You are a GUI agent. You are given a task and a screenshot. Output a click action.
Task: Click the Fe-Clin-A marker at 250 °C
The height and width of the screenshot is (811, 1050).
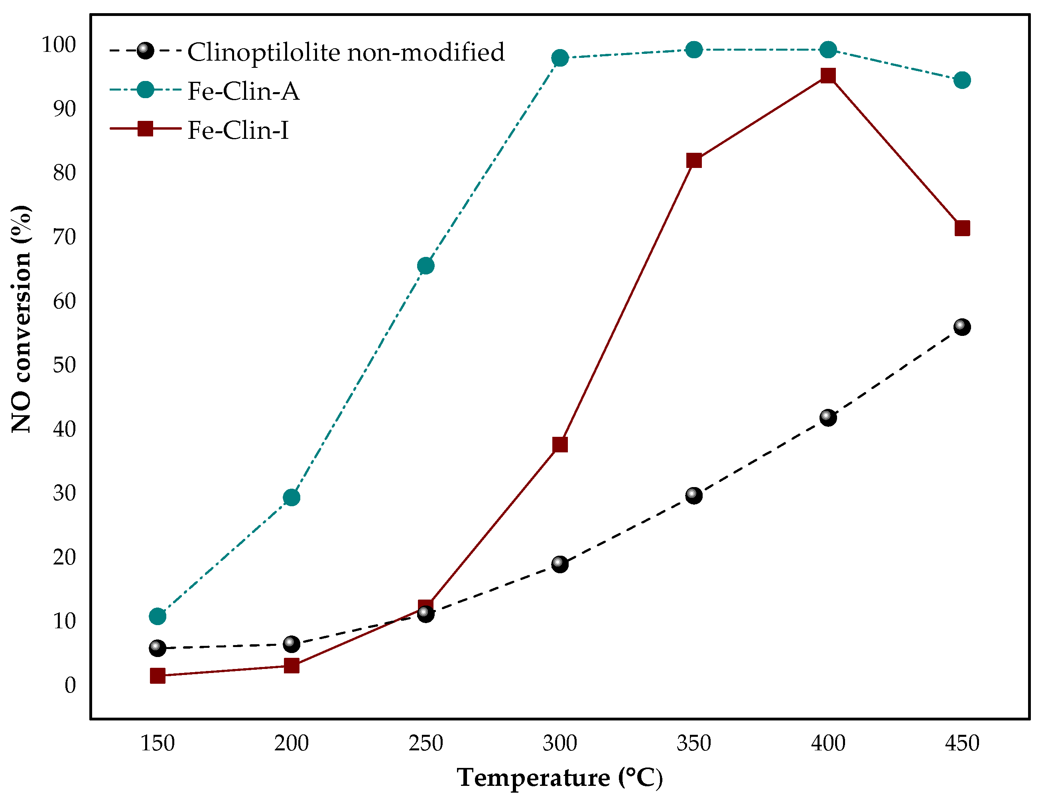click(426, 266)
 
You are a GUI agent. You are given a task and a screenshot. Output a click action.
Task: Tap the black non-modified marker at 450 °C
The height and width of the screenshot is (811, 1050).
click(962, 327)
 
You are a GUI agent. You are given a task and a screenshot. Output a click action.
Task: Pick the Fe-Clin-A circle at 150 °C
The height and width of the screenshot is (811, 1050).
click(158, 616)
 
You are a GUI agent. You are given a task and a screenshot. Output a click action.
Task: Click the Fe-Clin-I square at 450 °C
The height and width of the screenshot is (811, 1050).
click(962, 228)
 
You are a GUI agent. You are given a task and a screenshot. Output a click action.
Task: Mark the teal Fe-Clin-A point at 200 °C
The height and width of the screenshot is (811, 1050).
click(292, 497)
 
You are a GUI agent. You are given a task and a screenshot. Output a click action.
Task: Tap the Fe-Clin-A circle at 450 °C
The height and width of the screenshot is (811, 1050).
click(962, 80)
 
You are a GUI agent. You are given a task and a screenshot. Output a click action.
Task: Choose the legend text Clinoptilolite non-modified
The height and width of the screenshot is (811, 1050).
click(346, 52)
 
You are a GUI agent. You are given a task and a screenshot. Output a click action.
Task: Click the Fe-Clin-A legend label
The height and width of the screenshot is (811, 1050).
click(243, 91)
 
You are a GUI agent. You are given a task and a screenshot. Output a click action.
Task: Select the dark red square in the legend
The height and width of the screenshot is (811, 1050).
click(145, 128)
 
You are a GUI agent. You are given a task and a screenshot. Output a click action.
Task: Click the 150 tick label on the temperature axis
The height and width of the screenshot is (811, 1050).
click(158, 744)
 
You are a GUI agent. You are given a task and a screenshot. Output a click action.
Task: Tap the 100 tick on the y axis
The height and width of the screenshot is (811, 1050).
click(59, 45)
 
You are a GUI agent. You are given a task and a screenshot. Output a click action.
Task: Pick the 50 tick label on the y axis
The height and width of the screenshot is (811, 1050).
click(65, 365)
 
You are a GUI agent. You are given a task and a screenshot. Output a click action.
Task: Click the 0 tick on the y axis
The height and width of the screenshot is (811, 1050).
click(70, 685)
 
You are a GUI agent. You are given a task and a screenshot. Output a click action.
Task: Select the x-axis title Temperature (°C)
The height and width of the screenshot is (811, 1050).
click(559, 778)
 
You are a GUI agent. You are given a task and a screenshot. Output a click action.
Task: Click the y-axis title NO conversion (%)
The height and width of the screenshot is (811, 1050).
click(22, 318)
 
